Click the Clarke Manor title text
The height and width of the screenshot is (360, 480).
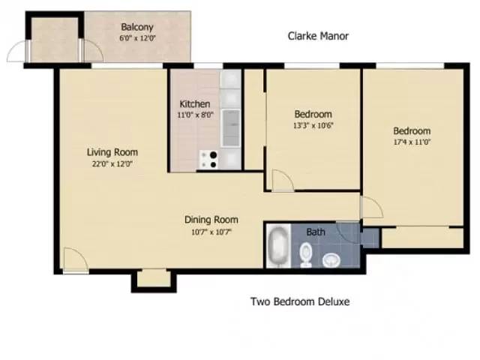319,36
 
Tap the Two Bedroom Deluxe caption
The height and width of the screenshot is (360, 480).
299,301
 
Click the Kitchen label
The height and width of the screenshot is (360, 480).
194,103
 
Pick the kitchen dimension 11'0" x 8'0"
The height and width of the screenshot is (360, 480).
194,115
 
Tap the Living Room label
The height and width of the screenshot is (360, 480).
112,151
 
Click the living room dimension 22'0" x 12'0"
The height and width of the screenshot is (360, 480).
112,163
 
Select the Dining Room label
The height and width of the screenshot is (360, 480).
211,220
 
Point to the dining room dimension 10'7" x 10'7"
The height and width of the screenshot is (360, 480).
211,232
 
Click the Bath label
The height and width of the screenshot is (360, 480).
316,232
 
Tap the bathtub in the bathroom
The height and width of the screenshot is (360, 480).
278,247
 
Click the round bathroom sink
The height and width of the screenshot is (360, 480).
331,260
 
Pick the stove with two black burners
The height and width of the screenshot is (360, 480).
210,158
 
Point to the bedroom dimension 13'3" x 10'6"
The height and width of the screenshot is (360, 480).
313,125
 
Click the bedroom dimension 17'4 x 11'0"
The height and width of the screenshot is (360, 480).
412,142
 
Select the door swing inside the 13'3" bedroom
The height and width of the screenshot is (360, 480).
282,181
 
